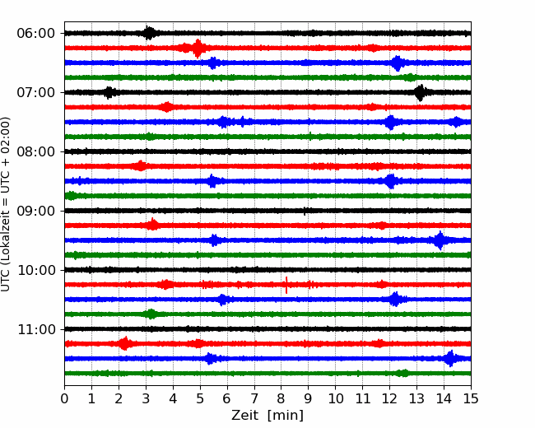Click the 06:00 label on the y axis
point(36,34)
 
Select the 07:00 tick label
point(36,92)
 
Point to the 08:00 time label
point(36,151)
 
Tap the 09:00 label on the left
point(36,211)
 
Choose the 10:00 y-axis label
point(36,270)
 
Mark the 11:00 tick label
point(36,329)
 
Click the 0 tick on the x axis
point(64,398)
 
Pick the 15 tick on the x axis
point(471,398)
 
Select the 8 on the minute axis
point(281,398)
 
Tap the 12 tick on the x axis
point(389,398)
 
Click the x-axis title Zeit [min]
point(267,416)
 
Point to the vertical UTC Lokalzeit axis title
point(6,204)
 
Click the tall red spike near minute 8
point(286,285)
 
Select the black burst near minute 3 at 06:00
point(149,33)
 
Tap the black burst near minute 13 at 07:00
point(421,92)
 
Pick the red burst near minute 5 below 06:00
point(198,48)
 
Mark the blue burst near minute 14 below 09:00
point(440,240)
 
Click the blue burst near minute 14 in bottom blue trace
point(450,358)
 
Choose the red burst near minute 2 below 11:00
point(125,343)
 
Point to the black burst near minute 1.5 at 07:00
point(109,92)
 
